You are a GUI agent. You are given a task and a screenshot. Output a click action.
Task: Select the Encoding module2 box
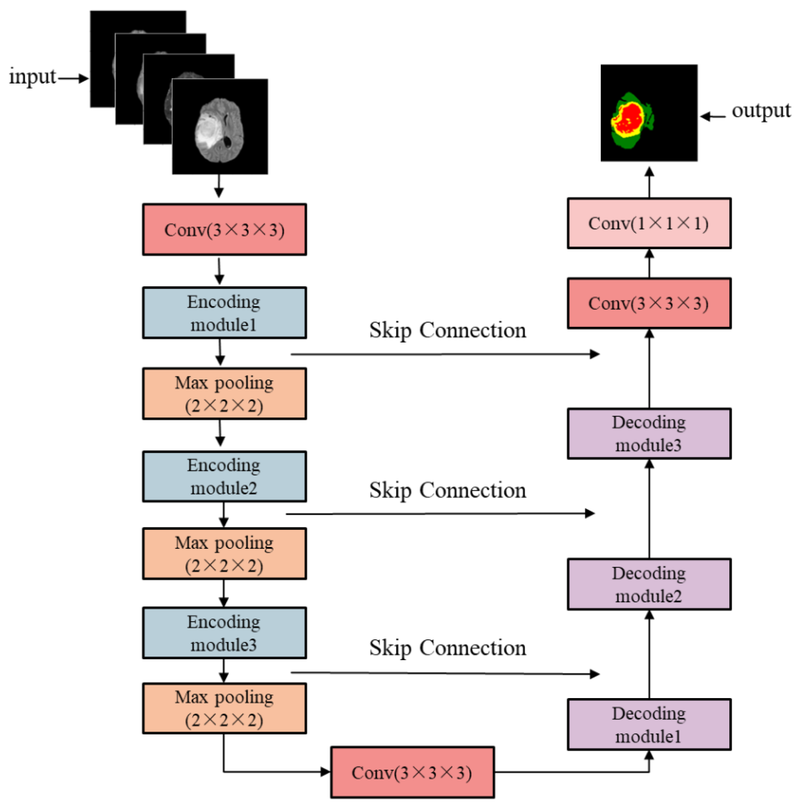(x=224, y=476)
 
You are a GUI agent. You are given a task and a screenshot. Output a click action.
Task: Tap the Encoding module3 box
(x=224, y=633)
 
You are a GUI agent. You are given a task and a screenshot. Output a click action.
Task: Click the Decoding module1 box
(x=649, y=724)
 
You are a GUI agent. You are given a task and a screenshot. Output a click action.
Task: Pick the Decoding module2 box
(x=649, y=584)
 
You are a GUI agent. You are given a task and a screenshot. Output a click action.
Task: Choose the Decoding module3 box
(x=649, y=433)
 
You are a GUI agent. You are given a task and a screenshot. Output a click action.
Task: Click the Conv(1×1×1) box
(x=649, y=223)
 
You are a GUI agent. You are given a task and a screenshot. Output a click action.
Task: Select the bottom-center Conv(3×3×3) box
(x=412, y=772)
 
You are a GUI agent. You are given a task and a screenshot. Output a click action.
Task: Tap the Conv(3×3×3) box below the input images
(x=224, y=229)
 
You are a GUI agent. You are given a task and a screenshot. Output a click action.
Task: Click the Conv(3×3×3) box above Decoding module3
(x=649, y=303)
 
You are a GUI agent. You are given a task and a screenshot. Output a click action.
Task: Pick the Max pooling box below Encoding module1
(x=224, y=393)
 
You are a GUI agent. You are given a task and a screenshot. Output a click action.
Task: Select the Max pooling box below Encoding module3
(x=224, y=708)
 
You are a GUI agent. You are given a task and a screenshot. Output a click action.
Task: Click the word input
(x=32, y=77)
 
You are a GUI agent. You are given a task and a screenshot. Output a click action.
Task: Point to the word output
(x=761, y=111)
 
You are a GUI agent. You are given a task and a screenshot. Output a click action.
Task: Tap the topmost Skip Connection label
(x=447, y=330)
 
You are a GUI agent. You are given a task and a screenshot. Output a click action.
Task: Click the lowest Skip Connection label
(x=447, y=648)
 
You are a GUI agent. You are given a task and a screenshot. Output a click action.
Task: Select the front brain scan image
(x=220, y=126)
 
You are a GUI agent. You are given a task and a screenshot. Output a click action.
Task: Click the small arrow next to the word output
(x=713, y=116)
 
